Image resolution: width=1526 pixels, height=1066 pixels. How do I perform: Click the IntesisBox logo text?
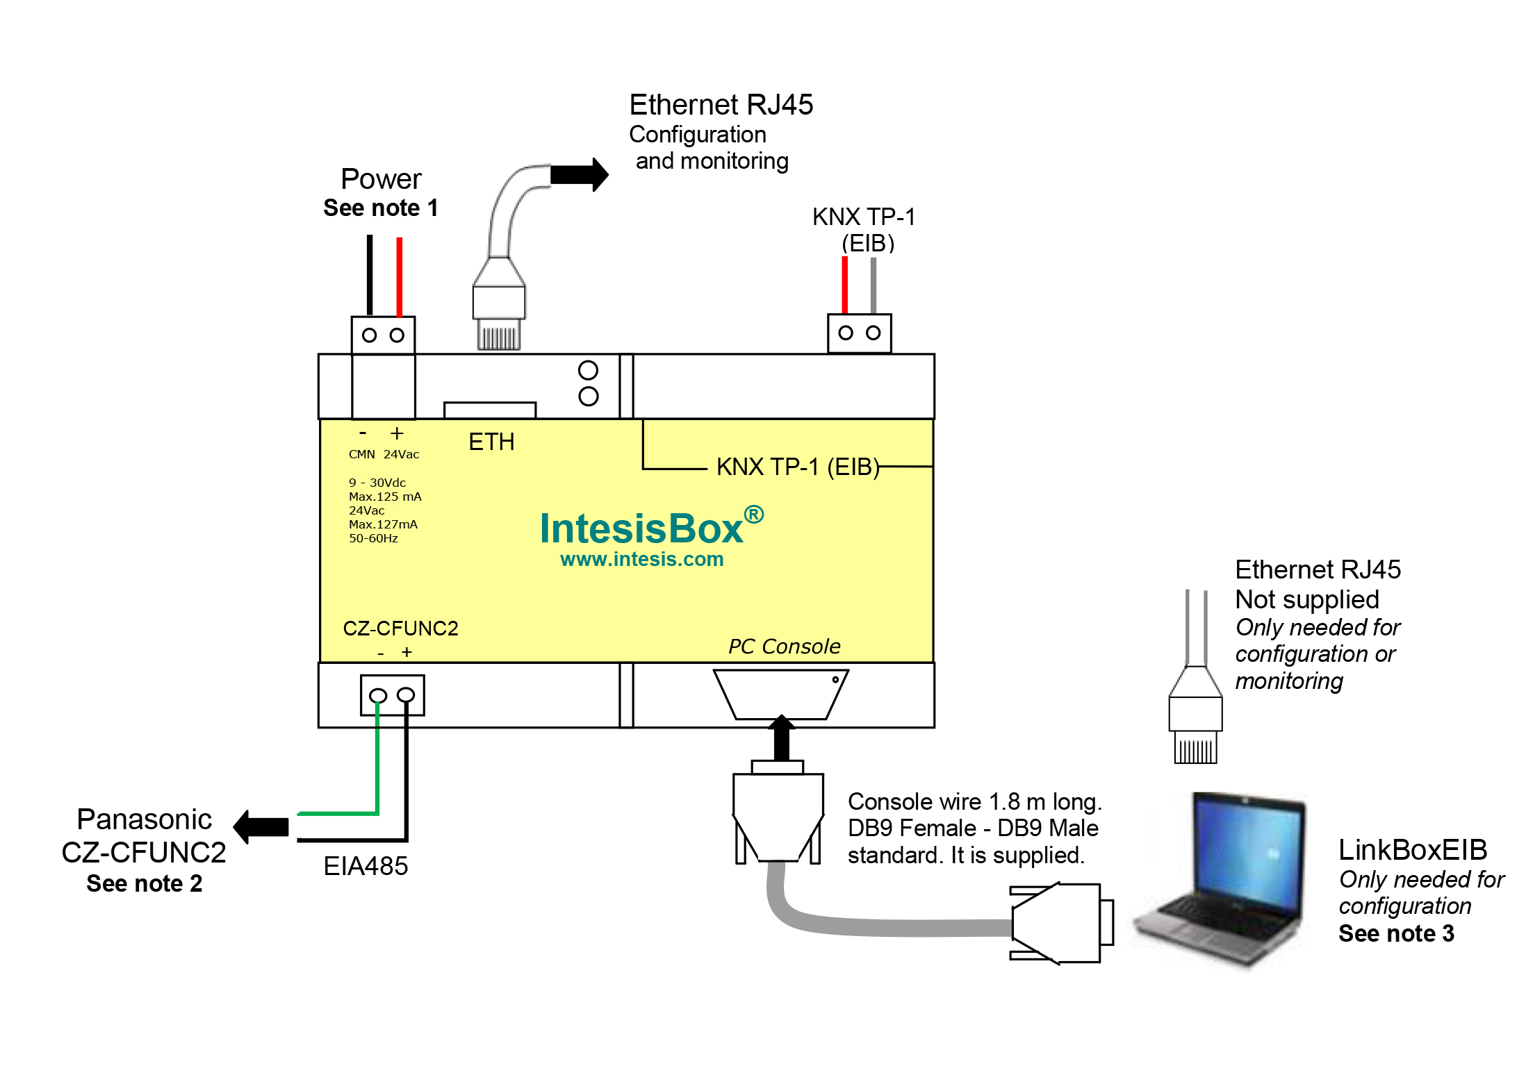pyautogui.click(x=641, y=529)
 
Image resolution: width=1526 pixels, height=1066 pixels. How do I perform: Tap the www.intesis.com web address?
pyautogui.click(x=641, y=560)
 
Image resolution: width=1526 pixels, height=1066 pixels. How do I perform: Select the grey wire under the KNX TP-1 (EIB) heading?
pyautogui.click(x=873, y=285)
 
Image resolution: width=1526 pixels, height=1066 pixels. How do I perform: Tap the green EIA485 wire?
pyautogui.click(x=377, y=764)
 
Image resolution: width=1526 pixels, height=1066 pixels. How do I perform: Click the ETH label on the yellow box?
pyautogui.click(x=491, y=442)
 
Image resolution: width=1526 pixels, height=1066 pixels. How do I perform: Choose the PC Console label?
pyautogui.click(x=784, y=647)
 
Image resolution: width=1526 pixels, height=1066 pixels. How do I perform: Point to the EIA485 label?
pyautogui.click(x=366, y=867)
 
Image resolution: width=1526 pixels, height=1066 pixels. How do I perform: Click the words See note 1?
pyautogui.click(x=380, y=208)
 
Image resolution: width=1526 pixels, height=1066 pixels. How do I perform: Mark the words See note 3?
pyautogui.click(x=1395, y=934)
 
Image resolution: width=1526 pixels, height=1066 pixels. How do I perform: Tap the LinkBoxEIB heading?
pyautogui.click(x=1412, y=850)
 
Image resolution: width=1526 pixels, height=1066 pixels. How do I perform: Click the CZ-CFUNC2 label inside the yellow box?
pyautogui.click(x=400, y=628)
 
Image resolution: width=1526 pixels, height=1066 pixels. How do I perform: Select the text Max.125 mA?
pyautogui.click(x=385, y=497)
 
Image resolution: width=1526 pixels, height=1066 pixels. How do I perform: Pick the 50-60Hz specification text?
pyautogui.click(x=373, y=538)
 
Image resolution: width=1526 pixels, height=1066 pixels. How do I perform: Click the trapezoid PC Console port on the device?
pyautogui.click(x=780, y=694)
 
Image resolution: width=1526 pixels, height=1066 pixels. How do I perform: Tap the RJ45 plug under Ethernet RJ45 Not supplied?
pyautogui.click(x=1195, y=722)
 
